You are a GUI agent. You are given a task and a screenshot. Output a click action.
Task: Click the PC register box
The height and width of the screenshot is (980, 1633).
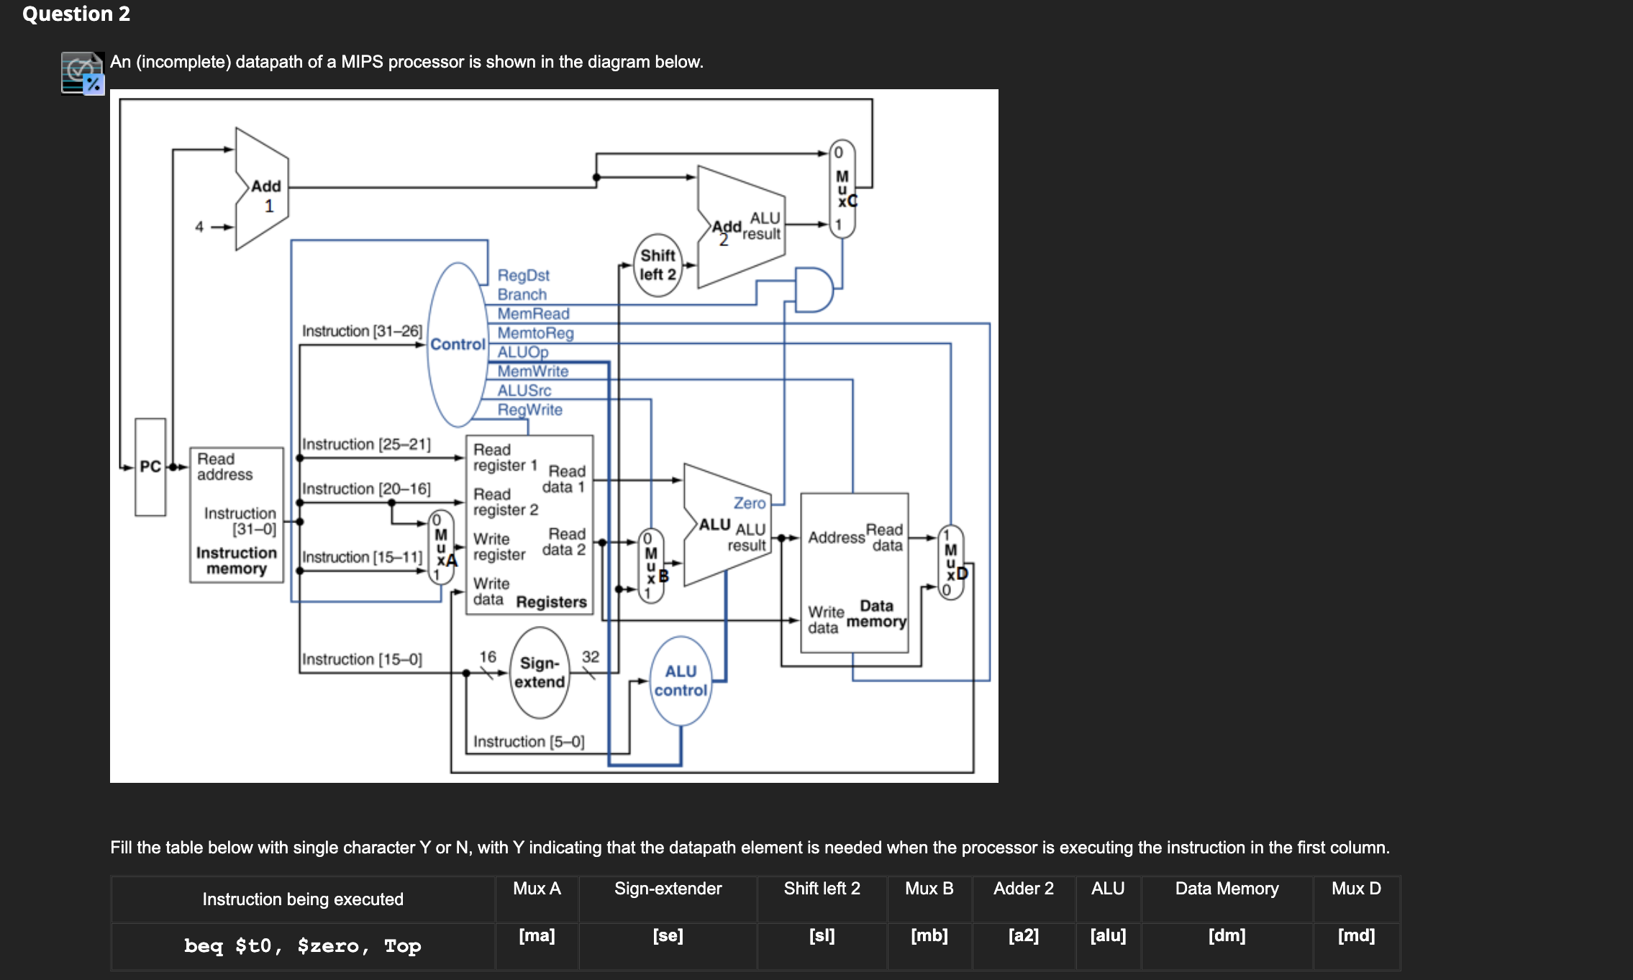pyautogui.click(x=150, y=467)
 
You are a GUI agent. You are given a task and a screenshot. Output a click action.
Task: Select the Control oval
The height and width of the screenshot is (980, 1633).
pyautogui.click(x=458, y=345)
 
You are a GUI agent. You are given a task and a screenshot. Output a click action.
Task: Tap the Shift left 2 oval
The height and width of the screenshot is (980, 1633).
pyautogui.click(x=658, y=265)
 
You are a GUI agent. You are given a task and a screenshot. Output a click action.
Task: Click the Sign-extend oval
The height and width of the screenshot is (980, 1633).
pyautogui.click(x=539, y=673)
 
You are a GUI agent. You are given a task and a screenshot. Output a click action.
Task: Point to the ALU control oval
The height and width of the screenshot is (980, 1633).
pyautogui.click(x=681, y=681)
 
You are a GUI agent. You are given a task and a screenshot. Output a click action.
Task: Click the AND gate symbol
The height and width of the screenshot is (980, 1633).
pyautogui.click(x=814, y=289)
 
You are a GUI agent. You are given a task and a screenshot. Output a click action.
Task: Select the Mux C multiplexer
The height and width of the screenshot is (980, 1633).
pyautogui.click(x=842, y=189)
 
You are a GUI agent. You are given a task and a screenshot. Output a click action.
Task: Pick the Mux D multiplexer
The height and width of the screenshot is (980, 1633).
pyautogui.click(x=951, y=562)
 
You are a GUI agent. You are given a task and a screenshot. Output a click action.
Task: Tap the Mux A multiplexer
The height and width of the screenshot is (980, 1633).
pyautogui.click(x=441, y=547)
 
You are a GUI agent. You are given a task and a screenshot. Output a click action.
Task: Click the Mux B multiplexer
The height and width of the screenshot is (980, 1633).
pyautogui.click(x=651, y=566)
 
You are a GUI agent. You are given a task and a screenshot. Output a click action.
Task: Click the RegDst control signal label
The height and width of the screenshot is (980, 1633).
pyautogui.click(x=523, y=276)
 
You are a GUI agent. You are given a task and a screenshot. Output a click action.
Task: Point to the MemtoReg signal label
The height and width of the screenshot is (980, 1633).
pyautogui.click(x=535, y=333)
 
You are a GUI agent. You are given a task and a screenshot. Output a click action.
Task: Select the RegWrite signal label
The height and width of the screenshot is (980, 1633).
pyautogui.click(x=529, y=410)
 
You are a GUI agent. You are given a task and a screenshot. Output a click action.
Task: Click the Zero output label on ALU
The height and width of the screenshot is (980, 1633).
pyautogui.click(x=749, y=504)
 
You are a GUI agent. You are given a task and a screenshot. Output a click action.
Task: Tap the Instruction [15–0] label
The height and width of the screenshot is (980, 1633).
pyautogui.click(x=362, y=659)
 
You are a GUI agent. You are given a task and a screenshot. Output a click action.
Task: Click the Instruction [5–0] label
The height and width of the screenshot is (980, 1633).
pyautogui.click(x=528, y=742)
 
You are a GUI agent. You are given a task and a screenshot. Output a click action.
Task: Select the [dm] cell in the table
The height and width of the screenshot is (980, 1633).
pyautogui.click(x=1226, y=936)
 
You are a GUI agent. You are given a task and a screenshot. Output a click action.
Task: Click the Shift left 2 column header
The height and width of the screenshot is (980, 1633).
pyautogui.click(x=822, y=889)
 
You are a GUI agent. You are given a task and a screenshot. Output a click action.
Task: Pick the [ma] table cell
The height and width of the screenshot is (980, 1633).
pyautogui.click(x=537, y=936)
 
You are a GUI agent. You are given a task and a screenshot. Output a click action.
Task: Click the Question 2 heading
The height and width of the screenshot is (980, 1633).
pyautogui.click(x=76, y=14)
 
